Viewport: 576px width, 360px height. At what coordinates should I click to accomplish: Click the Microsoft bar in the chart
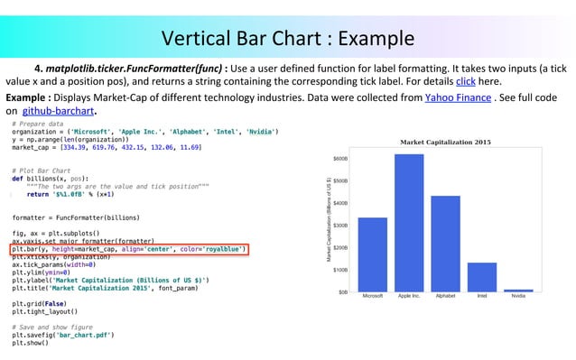click(372, 254)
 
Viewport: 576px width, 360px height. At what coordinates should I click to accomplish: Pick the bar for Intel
click(482, 277)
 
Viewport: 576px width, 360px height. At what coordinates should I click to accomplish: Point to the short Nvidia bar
click(518, 291)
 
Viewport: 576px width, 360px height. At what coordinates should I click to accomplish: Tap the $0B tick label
click(344, 292)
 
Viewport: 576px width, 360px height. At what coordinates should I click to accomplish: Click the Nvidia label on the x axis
click(518, 296)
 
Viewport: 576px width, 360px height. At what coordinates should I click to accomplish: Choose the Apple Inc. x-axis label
click(409, 296)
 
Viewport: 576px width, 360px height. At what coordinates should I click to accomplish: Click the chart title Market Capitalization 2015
click(445, 142)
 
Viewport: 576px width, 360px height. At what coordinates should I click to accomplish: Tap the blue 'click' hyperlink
click(466, 80)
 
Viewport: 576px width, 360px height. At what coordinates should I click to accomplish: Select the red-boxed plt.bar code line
click(128, 249)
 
